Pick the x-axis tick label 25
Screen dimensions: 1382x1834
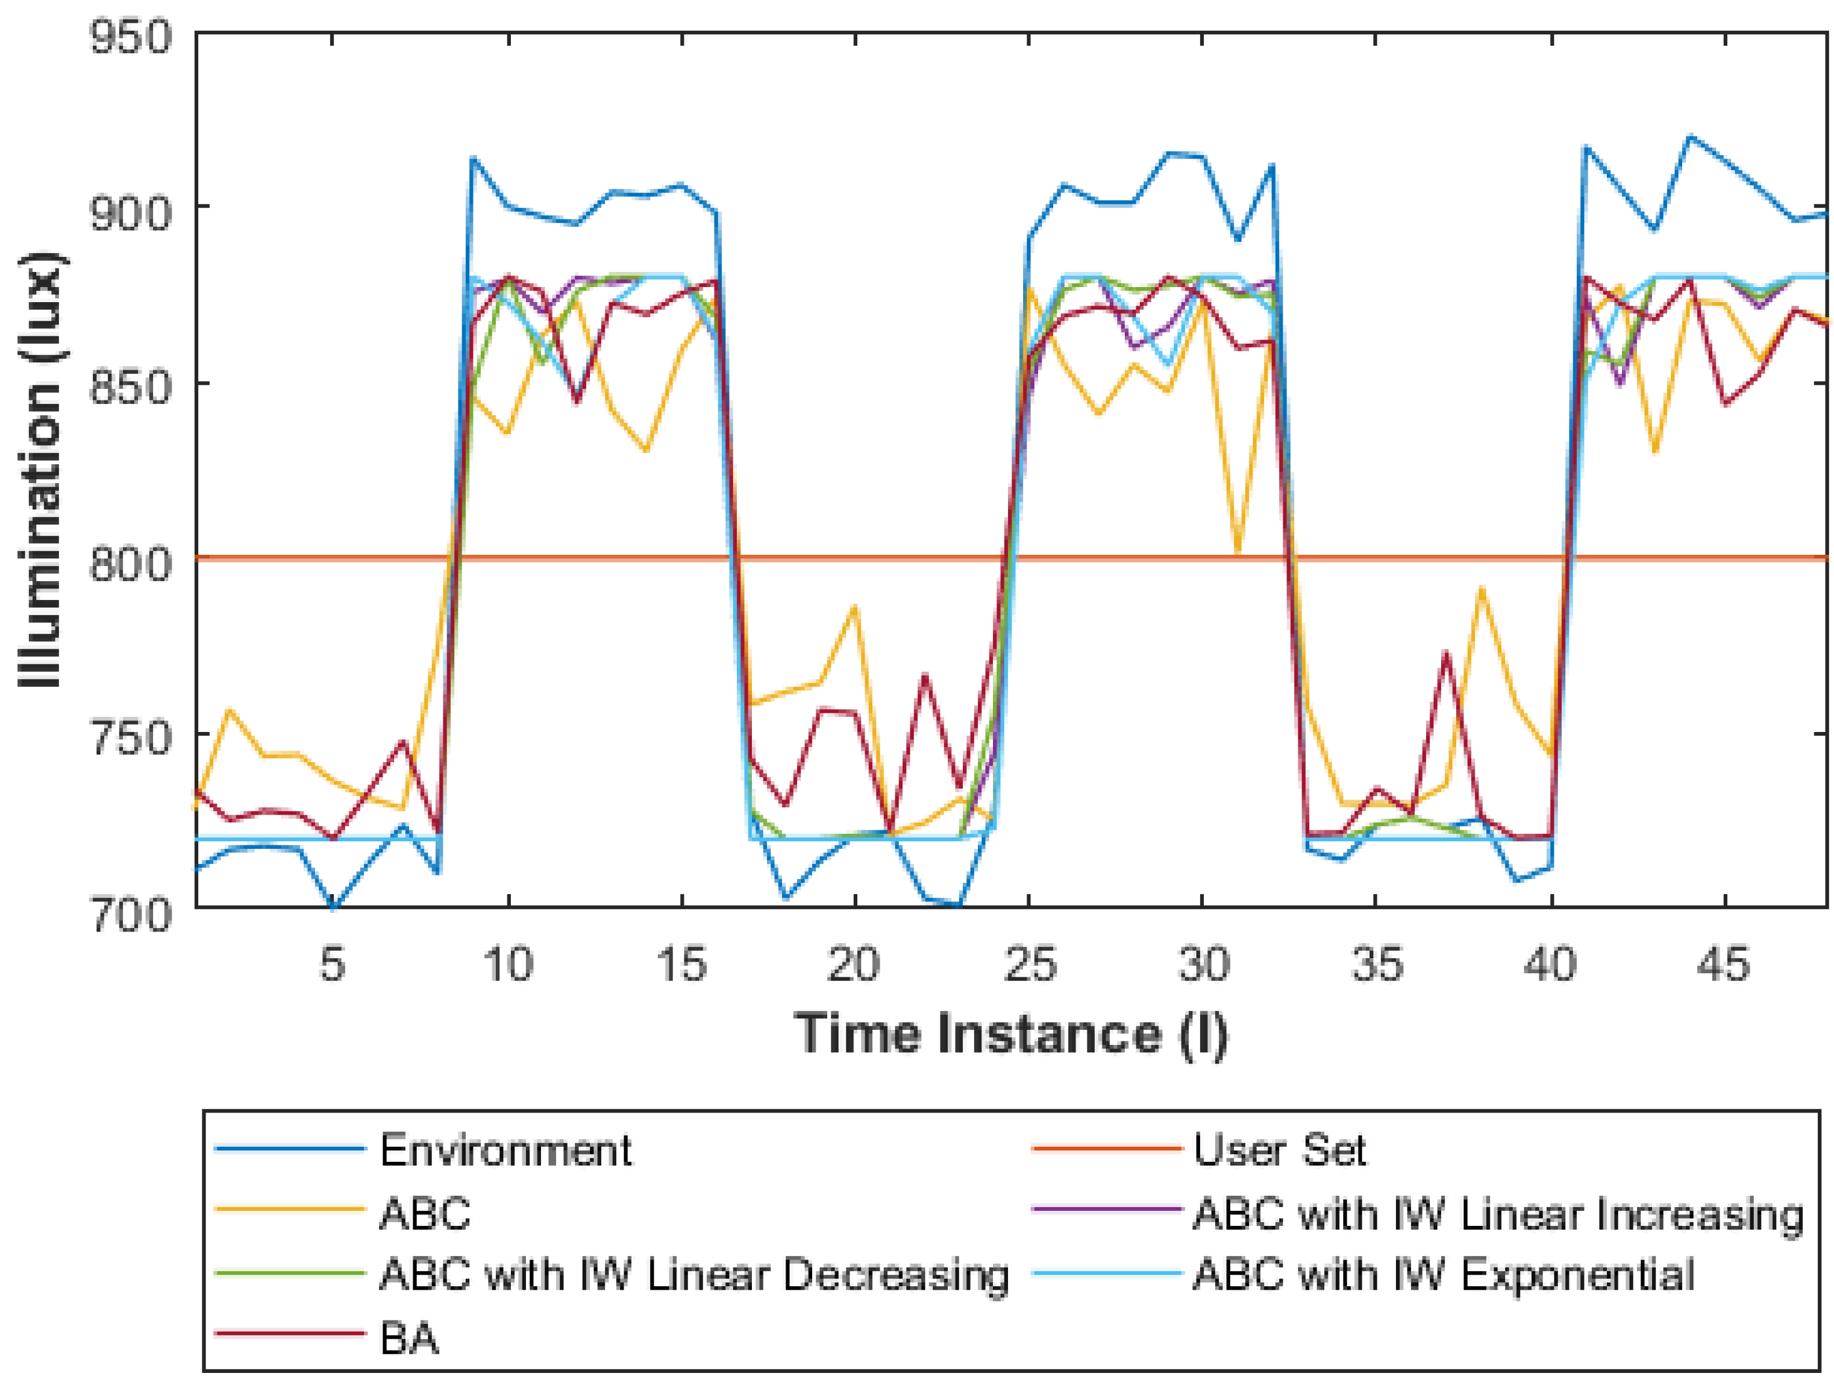coord(1029,965)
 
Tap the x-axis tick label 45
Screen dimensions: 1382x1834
coord(1726,965)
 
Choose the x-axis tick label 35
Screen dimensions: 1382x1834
coord(1377,965)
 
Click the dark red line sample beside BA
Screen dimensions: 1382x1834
coord(290,1334)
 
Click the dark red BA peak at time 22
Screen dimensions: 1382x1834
coord(924,675)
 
